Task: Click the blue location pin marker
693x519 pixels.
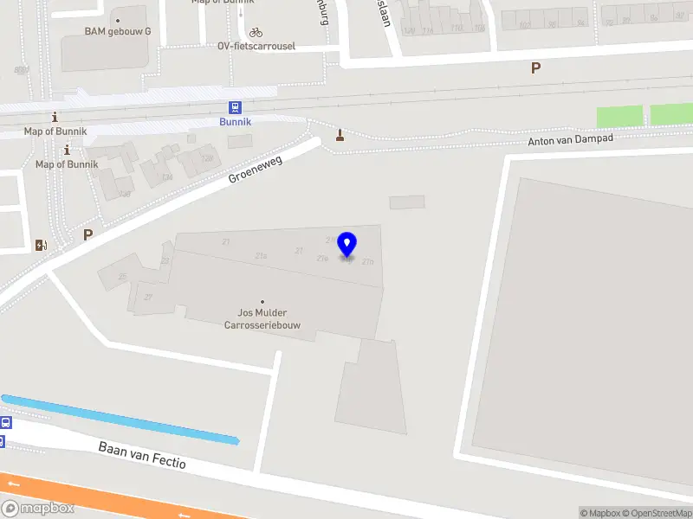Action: click(347, 245)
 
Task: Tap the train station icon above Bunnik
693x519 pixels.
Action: click(235, 107)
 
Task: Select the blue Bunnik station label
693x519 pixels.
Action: click(235, 122)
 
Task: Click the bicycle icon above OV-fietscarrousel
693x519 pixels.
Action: click(256, 32)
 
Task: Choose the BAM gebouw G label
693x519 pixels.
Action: click(118, 31)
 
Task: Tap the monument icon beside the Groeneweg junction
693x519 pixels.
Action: click(340, 134)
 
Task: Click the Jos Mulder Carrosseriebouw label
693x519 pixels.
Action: click(262, 318)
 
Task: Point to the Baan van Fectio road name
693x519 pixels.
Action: click(142, 455)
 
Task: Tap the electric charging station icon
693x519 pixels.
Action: click(40, 245)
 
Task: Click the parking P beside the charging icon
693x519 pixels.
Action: click(87, 234)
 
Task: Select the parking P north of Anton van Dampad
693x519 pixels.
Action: click(535, 67)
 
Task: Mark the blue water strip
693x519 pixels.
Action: click(121, 420)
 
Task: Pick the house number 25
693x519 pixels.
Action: click(122, 277)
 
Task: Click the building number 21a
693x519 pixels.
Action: click(261, 255)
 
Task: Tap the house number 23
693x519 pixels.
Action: click(165, 259)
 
